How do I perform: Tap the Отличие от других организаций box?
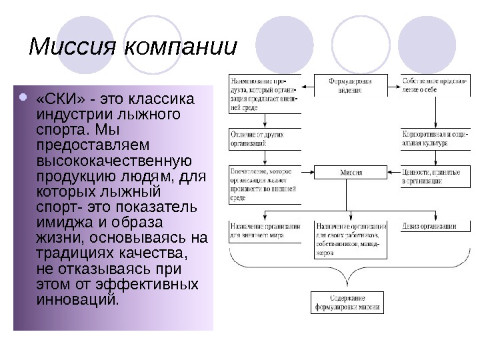pos(263,139)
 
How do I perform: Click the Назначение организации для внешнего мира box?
pos(263,231)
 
